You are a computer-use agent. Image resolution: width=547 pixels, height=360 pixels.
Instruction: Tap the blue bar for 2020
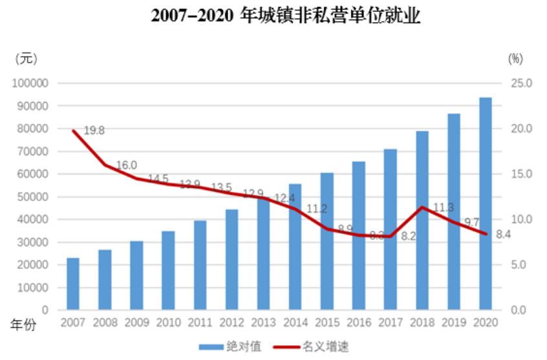pyautogui.click(x=485, y=204)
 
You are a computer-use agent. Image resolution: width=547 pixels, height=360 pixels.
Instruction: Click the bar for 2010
pyautogui.click(x=168, y=270)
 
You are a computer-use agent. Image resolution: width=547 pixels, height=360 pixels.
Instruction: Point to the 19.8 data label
pyautogui.click(x=94, y=131)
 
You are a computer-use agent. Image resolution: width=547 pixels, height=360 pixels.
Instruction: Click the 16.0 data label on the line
pyautogui.click(x=126, y=165)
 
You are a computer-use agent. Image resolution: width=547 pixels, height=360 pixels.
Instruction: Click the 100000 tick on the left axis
pyautogui.click(x=30, y=83)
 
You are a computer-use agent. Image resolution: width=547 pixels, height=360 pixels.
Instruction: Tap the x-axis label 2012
pyautogui.click(x=231, y=323)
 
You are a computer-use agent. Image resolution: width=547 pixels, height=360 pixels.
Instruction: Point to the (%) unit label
pyautogui.click(x=515, y=58)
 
